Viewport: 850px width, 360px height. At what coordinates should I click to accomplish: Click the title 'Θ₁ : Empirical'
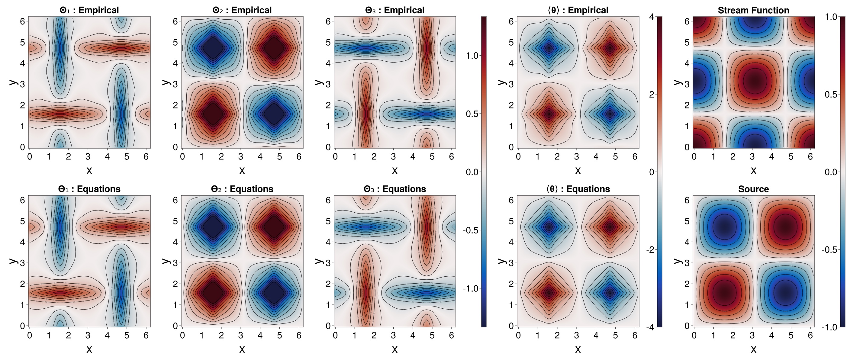click(x=89, y=10)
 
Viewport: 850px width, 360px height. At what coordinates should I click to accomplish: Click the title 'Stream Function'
click(x=753, y=10)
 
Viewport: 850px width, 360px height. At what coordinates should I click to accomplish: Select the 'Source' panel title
click(x=753, y=189)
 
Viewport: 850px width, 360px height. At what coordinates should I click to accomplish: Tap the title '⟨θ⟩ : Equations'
click(x=578, y=189)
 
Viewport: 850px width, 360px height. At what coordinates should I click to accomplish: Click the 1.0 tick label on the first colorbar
click(x=472, y=56)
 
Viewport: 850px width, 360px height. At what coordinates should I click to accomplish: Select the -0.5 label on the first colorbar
click(x=471, y=230)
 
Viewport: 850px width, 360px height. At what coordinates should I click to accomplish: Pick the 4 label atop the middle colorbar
click(x=651, y=17)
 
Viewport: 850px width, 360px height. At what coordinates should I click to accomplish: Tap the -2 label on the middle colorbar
click(x=650, y=250)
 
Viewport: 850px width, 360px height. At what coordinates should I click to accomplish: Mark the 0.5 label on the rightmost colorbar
click(x=831, y=94)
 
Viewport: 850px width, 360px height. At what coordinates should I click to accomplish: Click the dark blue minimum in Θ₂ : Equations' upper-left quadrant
click(x=214, y=227)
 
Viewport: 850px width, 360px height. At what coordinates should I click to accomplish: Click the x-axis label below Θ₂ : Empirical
click(x=242, y=170)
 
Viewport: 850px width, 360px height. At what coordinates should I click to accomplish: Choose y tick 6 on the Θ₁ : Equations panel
click(x=22, y=200)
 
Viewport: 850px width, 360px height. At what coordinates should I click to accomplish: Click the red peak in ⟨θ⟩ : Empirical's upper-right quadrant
click(x=610, y=48)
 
